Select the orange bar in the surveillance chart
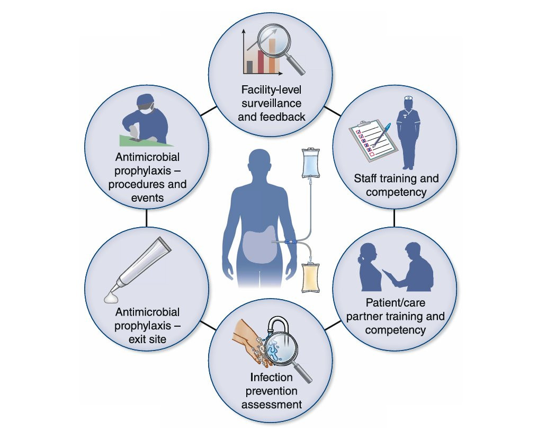[x=272, y=56]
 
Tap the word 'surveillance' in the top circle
[x=272, y=102]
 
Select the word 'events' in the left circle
[x=147, y=198]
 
